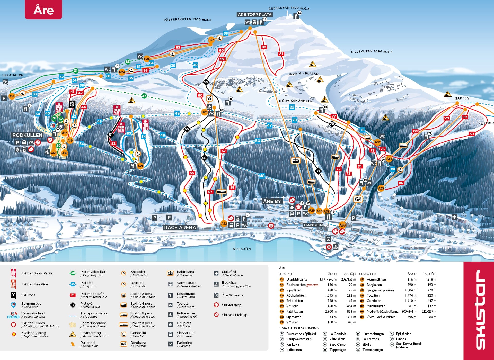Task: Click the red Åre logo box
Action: [43, 10]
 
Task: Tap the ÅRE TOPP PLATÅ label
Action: [254, 15]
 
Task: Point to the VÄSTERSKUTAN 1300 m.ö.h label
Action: [187, 19]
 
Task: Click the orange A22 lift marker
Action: [224, 223]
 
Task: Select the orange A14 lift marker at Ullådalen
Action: [12, 96]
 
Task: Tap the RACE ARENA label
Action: [180, 227]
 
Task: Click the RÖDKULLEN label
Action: [27, 135]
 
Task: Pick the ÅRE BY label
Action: [272, 201]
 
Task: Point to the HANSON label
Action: [313, 225]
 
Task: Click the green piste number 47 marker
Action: [144, 96]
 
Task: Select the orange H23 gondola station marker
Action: [204, 112]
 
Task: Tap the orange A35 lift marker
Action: [381, 188]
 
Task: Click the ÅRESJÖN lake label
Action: [242, 249]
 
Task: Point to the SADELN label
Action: [462, 98]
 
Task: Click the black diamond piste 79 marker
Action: [332, 124]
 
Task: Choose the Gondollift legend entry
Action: [138, 334]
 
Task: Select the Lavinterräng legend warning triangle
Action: [73, 334]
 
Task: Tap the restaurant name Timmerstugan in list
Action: [372, 350]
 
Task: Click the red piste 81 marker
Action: [281, 54]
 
